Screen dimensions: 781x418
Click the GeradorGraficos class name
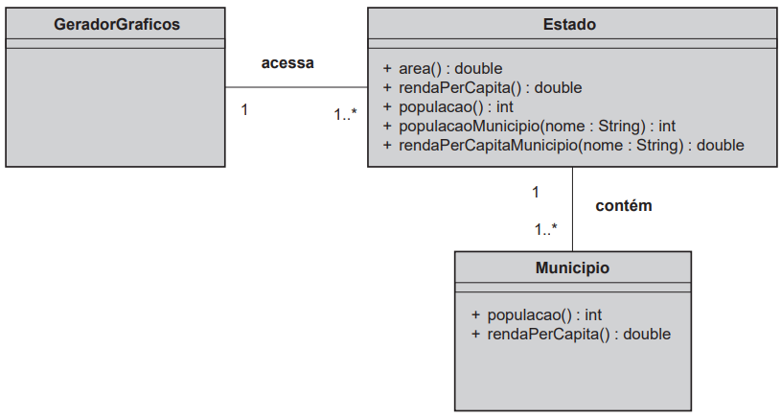click(117, 24)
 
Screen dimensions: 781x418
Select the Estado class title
click(569, 24)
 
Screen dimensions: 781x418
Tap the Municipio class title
click(572, 268)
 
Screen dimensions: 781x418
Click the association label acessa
click(287, 63)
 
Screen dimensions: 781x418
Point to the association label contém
click(624, 206)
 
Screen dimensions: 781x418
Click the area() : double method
click(443, 69)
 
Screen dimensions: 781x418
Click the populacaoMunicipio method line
click(529, 127)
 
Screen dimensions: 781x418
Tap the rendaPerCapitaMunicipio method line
click(563, 146)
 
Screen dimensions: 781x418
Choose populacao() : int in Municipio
click(537, 315)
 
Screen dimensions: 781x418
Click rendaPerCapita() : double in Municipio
click(571, 335)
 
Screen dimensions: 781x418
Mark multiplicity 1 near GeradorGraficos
click(244, 109)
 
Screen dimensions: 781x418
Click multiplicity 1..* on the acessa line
click(345, 115)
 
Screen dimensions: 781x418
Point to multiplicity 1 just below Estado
click(536, 193)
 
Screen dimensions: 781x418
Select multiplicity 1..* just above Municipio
click(546, 230)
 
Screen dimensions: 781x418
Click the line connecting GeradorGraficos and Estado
click(296, 87)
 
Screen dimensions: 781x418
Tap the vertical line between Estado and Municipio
click(572, 209)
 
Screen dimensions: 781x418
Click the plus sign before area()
click(387, 68)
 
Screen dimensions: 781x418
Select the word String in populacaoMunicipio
click(622, 127)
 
